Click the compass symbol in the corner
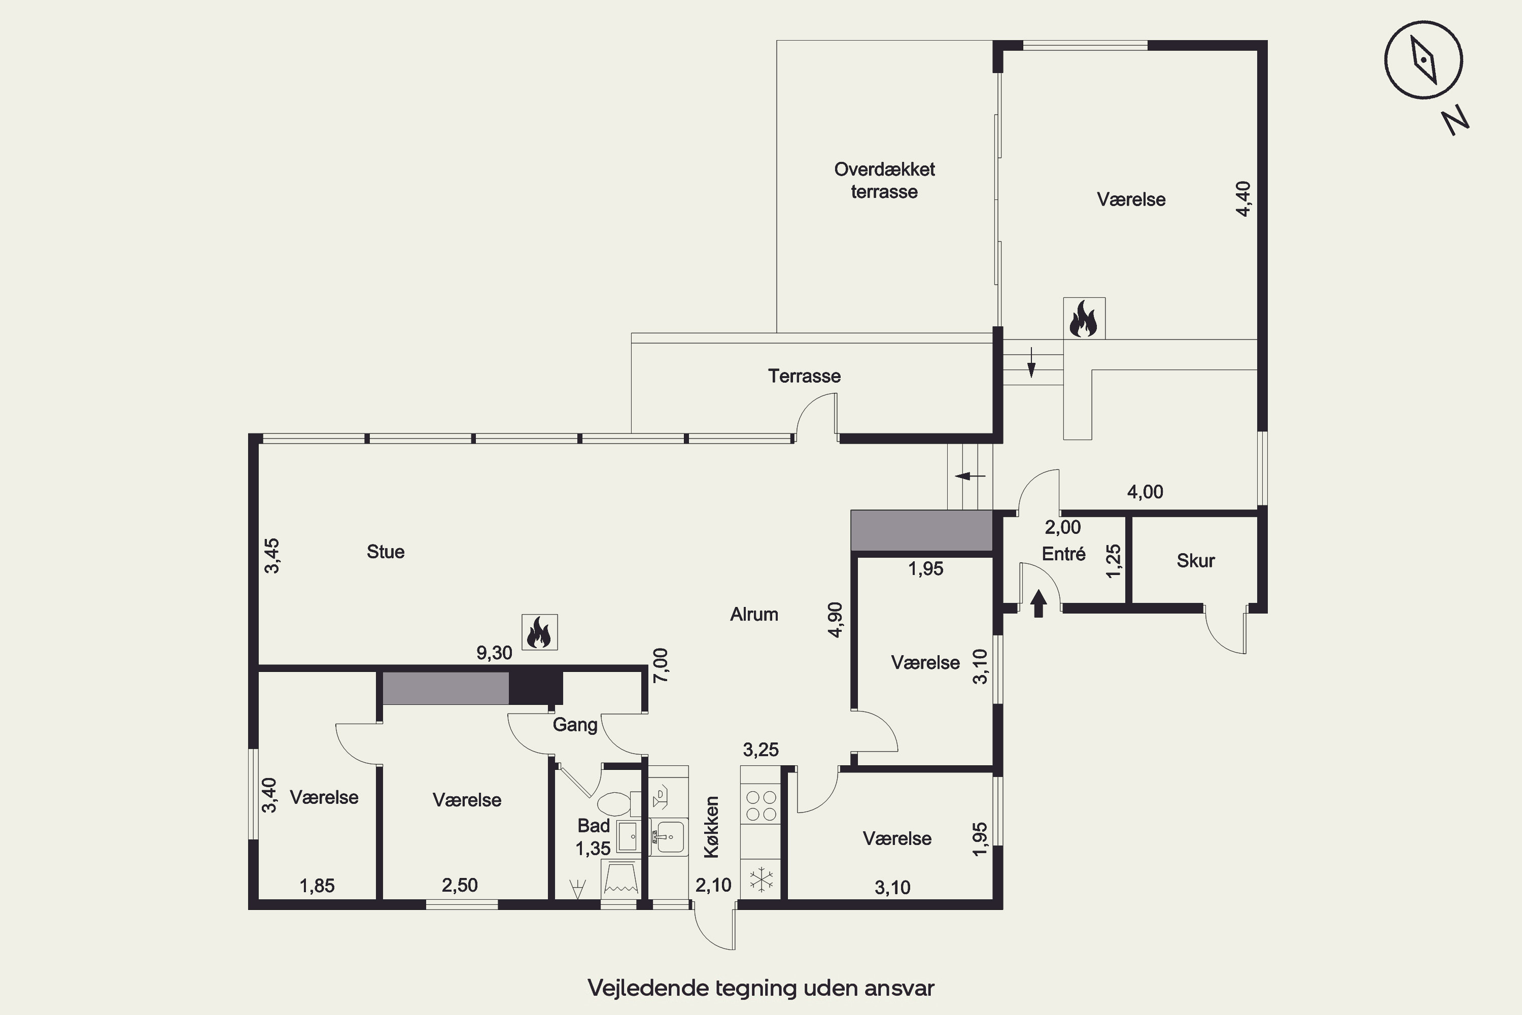tap(1423, 60)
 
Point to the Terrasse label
tap(804, 376)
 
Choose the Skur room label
tap(1195, 561)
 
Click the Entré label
tap(1063, 554)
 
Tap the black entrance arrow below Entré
tap(1039, 603)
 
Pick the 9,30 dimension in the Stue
tap(494, 653)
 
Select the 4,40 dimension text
tap(1243, 199)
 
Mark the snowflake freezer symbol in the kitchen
tap(761, 879)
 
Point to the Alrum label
tap(754, 614)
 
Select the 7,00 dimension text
tap(661, 665)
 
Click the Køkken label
tap(711, 827)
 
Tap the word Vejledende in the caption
tap(648, 989)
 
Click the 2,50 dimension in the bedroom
tap(460, 885)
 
